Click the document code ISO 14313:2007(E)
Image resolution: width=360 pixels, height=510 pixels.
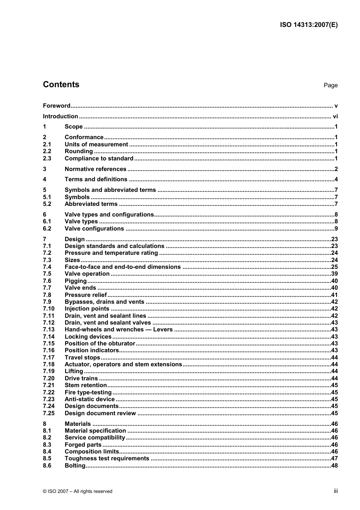click(308, 25)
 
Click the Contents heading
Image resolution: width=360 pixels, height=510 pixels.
click(61, 85)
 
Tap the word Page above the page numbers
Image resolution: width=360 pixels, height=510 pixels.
click(330, 85)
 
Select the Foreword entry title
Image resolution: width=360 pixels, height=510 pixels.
click(56, 106)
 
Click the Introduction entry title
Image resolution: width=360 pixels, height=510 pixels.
click(60, 116)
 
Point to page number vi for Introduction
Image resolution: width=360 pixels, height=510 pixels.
click(335, 116)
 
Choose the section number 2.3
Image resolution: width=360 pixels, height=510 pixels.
click(47, 158)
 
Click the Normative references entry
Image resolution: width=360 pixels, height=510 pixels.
click(95, 169)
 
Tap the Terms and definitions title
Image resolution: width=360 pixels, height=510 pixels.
click(96, 179)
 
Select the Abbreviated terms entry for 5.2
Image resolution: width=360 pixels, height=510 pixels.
click(91, 204)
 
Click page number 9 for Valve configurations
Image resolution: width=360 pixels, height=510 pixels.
click(336, 229)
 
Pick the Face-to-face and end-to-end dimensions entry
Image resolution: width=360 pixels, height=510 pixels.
click(122, 267)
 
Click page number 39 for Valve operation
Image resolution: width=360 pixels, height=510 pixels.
click(334, 274)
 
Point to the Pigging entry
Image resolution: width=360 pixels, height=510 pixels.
click(76, 281)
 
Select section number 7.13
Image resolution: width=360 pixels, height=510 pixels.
click(49, 330)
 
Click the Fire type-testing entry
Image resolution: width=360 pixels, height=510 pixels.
click(88, 392)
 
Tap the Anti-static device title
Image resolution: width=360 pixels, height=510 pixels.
click(89, 399)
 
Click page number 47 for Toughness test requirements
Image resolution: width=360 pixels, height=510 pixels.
click(334, 458)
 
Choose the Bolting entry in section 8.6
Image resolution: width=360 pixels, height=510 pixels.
click(75, 466)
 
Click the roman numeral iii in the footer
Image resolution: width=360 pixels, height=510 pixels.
click(336, 491)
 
